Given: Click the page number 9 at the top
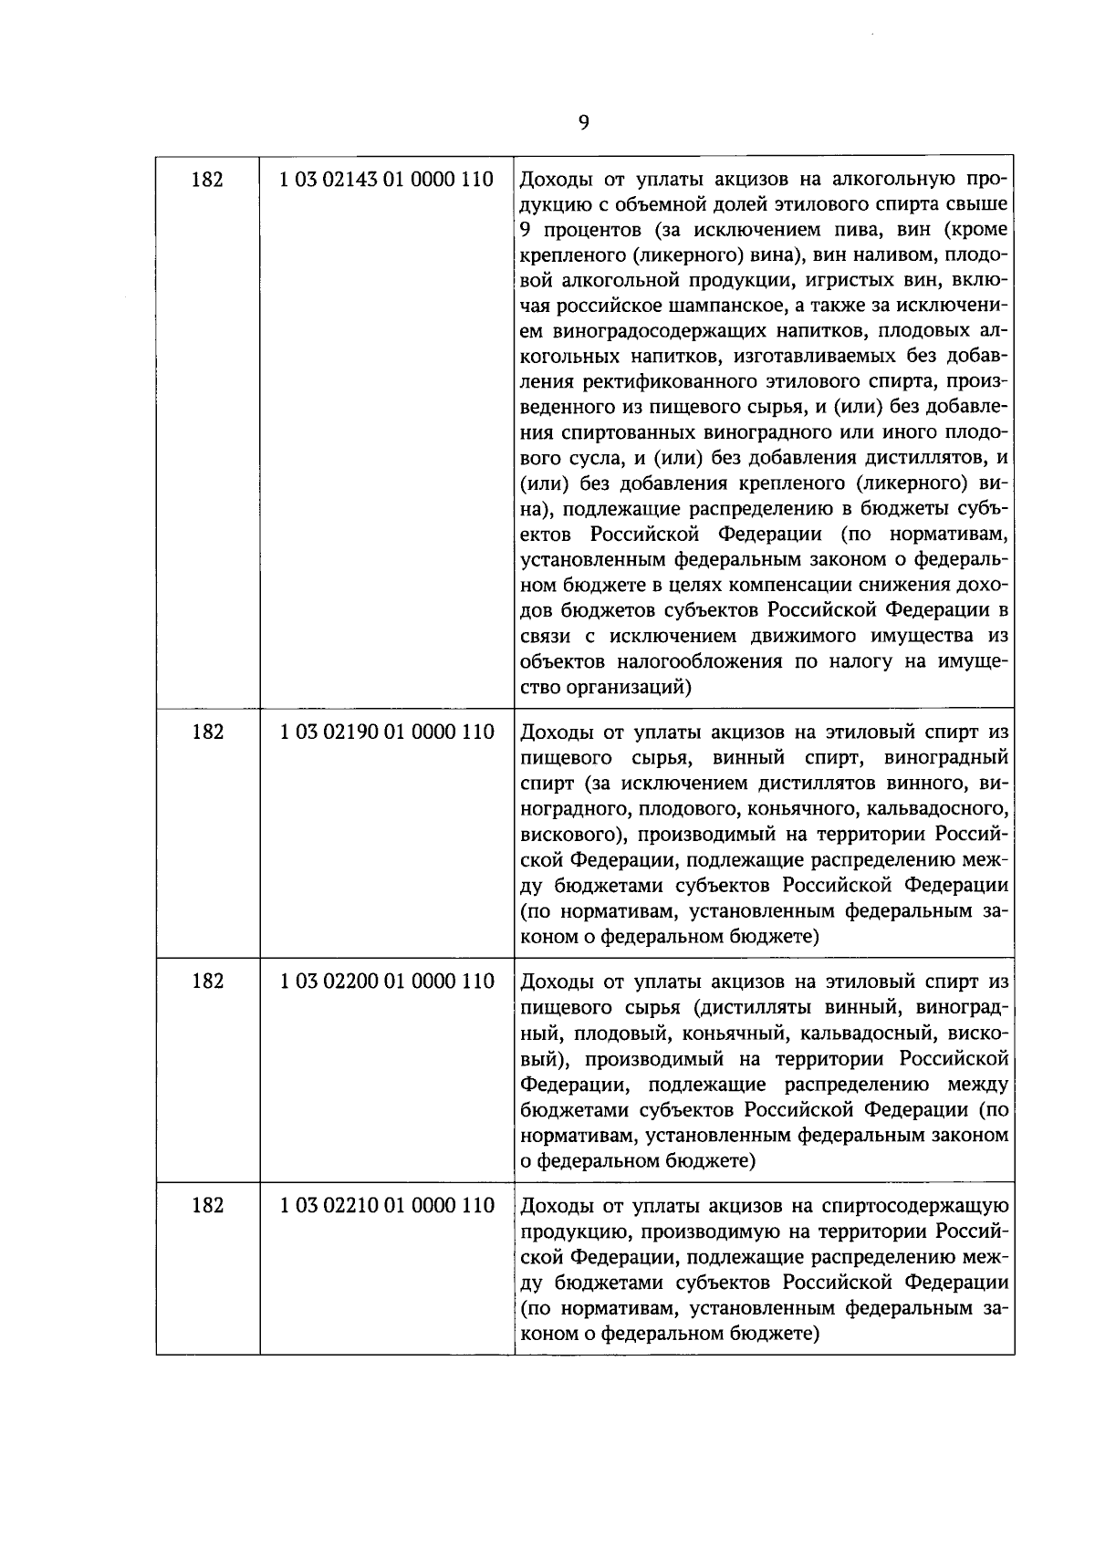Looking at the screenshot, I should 583,122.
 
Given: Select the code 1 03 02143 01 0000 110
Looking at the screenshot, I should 387,179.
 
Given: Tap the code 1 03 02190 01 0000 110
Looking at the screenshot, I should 387,732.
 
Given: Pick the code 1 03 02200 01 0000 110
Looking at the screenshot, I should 387,982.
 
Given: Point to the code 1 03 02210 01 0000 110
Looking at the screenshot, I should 387,1206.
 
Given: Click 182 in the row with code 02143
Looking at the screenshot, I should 207,179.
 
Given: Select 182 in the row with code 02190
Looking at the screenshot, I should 207,732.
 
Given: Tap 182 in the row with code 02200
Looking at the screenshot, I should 207,982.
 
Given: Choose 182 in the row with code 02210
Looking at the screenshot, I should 207,1206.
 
